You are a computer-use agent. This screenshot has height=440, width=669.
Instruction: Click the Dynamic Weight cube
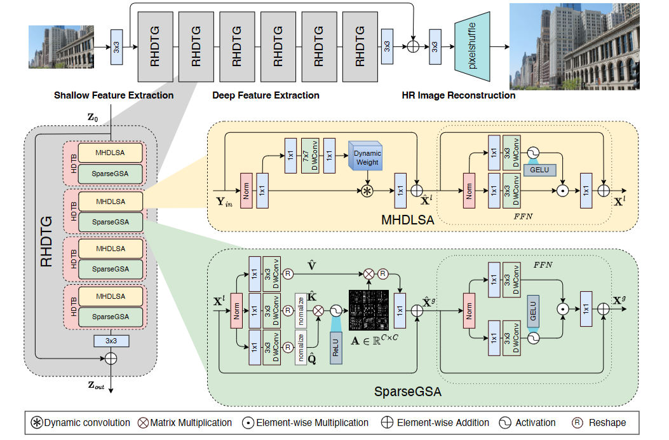point(367,158)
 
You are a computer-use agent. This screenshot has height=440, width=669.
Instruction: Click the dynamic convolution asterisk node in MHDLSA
point(367,191)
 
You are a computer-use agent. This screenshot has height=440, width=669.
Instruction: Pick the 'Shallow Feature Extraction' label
point(114,95)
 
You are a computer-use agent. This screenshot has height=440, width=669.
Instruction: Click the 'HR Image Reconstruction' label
point(459,95)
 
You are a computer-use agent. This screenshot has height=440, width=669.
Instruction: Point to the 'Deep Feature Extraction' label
point(266,95)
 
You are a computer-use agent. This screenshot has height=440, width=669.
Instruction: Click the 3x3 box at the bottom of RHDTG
point(111,341)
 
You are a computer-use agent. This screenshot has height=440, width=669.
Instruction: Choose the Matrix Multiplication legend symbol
point(142,423)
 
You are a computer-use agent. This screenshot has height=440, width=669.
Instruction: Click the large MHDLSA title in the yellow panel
point(405,221)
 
